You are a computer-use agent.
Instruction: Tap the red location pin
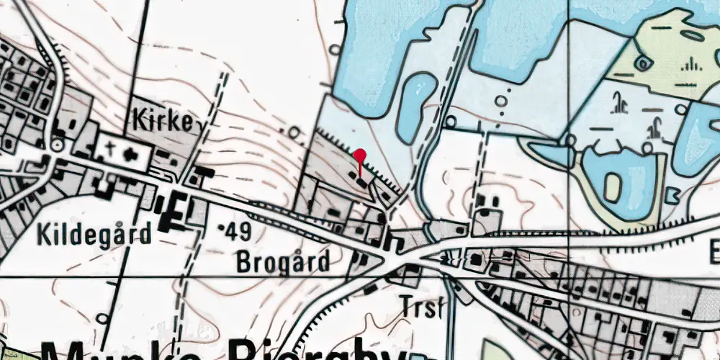(360, 158)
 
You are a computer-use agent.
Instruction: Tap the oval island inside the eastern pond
(613, 187)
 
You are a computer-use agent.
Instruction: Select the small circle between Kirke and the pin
(294, 132)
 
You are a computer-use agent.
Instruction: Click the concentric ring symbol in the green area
(643, 63)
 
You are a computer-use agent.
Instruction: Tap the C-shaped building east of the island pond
(673, 194)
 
